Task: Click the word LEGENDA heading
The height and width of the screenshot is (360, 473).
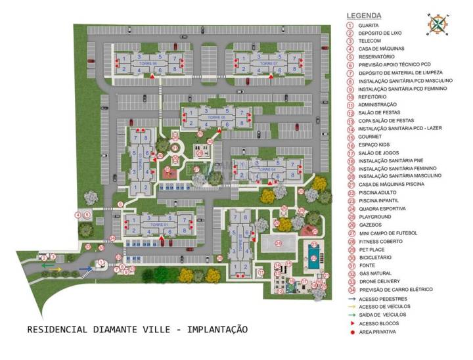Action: (364, 15)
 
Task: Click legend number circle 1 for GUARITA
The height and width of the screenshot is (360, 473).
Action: (351, 25)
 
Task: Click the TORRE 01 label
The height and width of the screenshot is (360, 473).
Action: (158, 225)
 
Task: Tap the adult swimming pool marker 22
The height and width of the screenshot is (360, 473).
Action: (314, 258)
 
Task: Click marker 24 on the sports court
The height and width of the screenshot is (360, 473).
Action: (278, 243)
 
